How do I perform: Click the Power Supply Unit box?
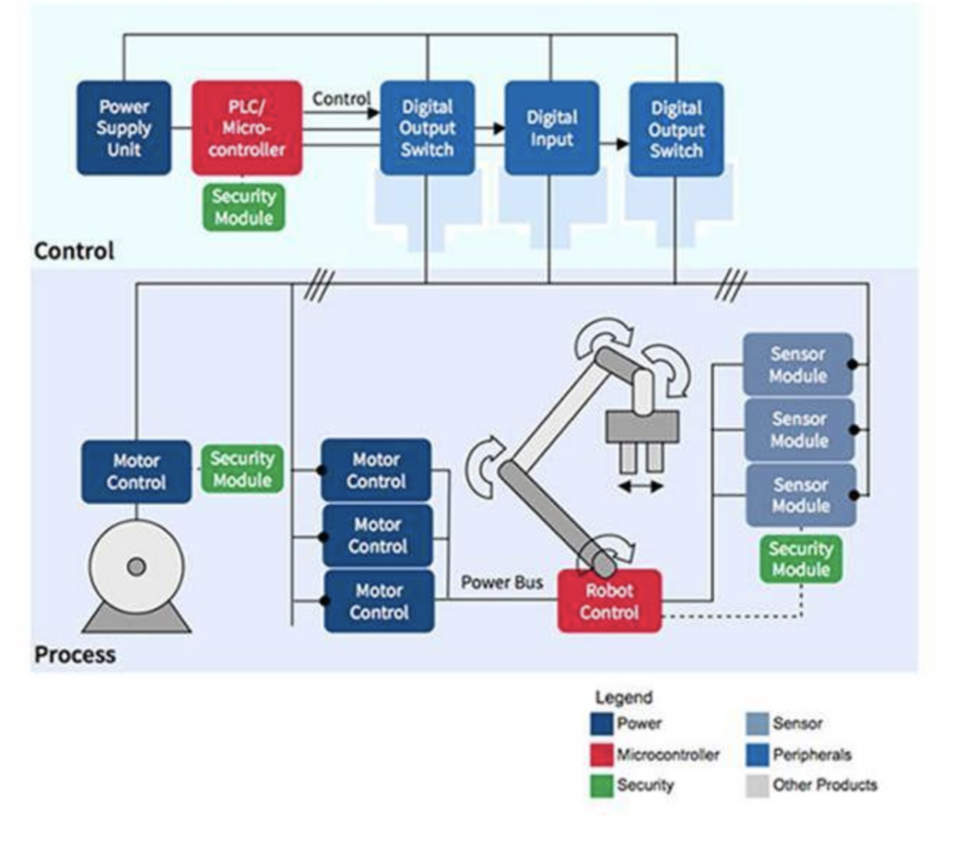(x=124, y=128)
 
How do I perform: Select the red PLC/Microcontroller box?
(x=246, y=128)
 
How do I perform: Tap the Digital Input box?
(x=551, y=128)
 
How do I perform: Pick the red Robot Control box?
(x=609, y=601)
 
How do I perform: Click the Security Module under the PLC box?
(x=243, y=207)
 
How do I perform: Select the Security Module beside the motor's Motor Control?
(x=242, y=469)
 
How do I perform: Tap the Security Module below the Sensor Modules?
(x=800, y=559)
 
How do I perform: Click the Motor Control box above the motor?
(x=136, y=472)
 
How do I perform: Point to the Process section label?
(x=75, y=654)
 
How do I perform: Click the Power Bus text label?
(x=501, y=582)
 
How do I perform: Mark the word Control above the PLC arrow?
(x=341, y=98)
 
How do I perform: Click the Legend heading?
(x=623, y=698)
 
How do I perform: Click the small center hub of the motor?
(x=136, y=566)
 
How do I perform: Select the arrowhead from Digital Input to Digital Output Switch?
(x=622, y=143)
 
